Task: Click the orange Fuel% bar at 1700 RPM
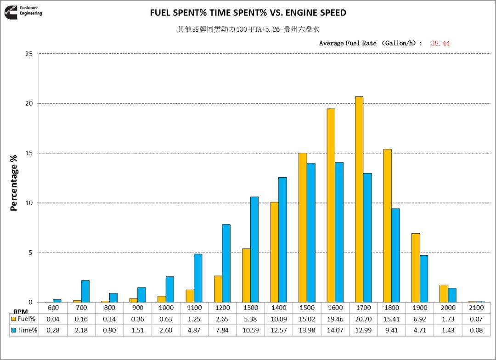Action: point(359,199)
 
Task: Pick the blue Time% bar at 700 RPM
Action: point(85,291)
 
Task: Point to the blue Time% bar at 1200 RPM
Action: point(226,263)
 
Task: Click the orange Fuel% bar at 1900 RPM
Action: point(416,268)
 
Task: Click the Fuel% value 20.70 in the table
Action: point(363,319)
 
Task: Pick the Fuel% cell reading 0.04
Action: point(53,319)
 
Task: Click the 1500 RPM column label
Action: point(307,308)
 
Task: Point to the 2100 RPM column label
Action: point(476,308)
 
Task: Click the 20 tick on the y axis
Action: point(29,103)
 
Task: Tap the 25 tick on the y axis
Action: point(29,54)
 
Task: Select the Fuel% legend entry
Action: point(24,319)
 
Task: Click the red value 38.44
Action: point(440,43)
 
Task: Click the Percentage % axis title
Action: point(14,183)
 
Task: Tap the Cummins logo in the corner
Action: point(10,12)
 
